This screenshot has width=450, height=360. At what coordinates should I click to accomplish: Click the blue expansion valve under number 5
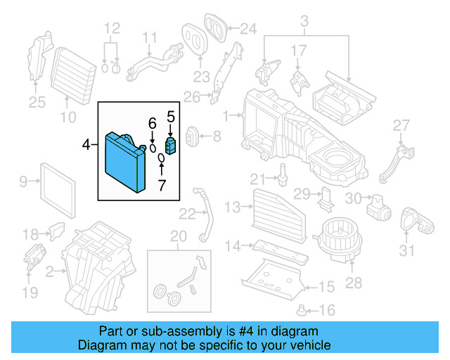170,146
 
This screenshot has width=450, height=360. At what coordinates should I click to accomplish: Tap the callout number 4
86,145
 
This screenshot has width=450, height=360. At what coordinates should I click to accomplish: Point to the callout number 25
36,103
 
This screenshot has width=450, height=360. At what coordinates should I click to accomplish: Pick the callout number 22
188,213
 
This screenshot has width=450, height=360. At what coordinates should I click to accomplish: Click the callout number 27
400,125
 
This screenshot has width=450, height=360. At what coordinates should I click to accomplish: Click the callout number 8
216,135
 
